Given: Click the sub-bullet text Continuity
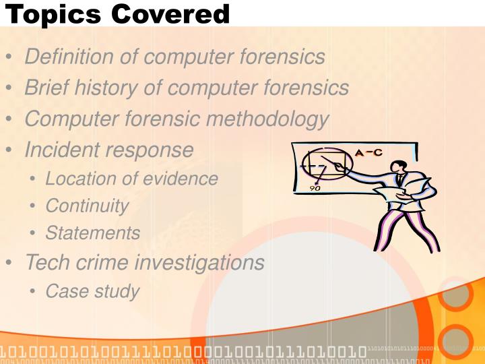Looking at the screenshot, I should click(x=87, y=206).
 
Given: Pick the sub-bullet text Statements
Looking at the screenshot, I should click(x=93, y=233).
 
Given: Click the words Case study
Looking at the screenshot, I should click(x=92, y=291).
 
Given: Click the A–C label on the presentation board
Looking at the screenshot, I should click(x=368, y=153).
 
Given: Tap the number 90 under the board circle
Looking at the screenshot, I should click(x=315, y=188).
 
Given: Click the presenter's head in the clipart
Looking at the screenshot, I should click(x=400, y=165).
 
